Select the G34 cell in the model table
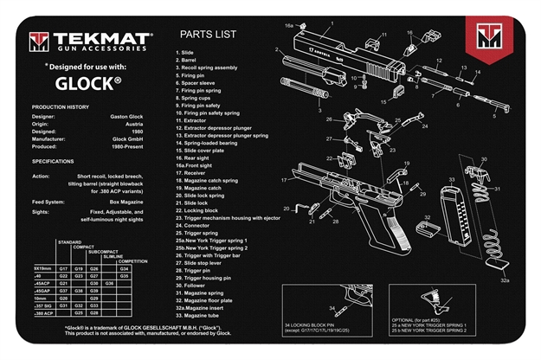point(125,269)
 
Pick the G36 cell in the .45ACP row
point(109,283)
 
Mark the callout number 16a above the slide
point(291,26)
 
